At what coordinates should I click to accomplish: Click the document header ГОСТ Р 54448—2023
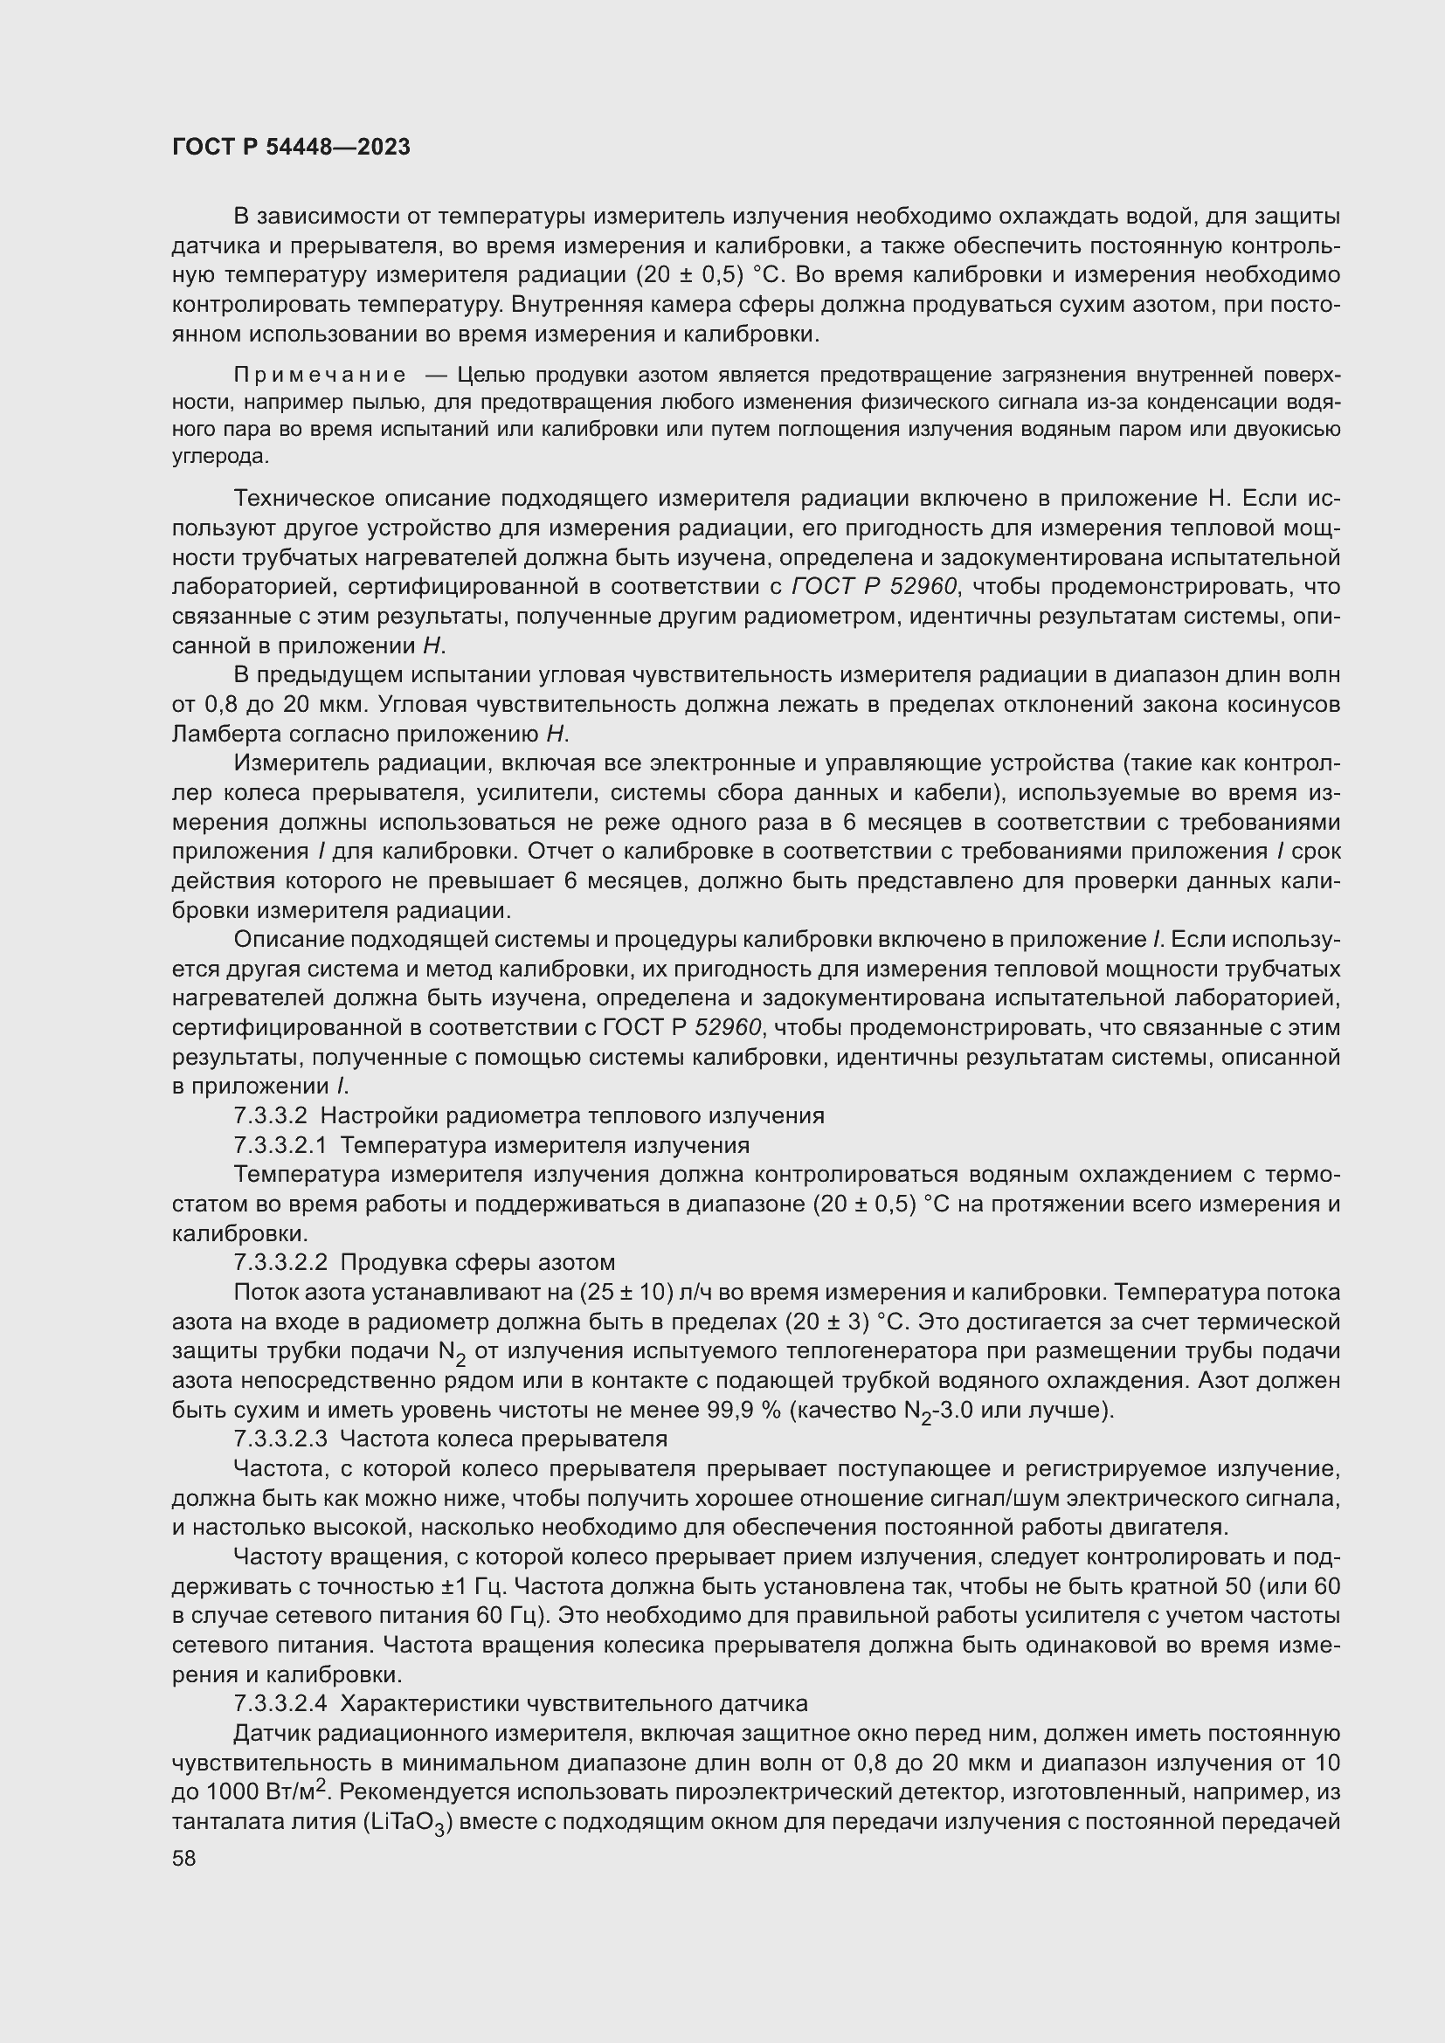pyautogui.click(x=291, y=148)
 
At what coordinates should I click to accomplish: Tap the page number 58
pyautogui.click(x=184, y=1859)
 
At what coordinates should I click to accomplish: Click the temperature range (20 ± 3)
pyautogui.click(x=827, y=1322)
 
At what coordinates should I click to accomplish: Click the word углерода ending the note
pyautogui.click(x=218, y=458)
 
